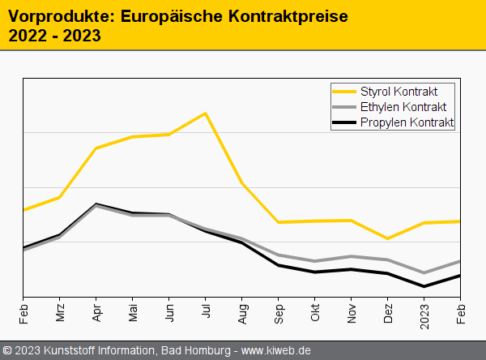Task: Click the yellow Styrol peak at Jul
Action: point(206,113)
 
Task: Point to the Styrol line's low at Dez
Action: point(388,238)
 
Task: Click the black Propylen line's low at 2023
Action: point(424,286)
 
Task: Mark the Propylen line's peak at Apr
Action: point(96,204)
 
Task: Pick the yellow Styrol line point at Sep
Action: point(279,222)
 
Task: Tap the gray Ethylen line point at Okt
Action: point(315,261)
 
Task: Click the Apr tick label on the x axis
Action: point(96,313)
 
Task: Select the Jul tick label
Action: point(206,312)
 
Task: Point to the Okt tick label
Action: point(315,313)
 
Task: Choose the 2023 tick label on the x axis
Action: point(424,315)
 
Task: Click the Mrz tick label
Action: point(60,313)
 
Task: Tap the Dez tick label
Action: point(388,313)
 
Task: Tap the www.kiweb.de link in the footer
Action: point(276,350)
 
